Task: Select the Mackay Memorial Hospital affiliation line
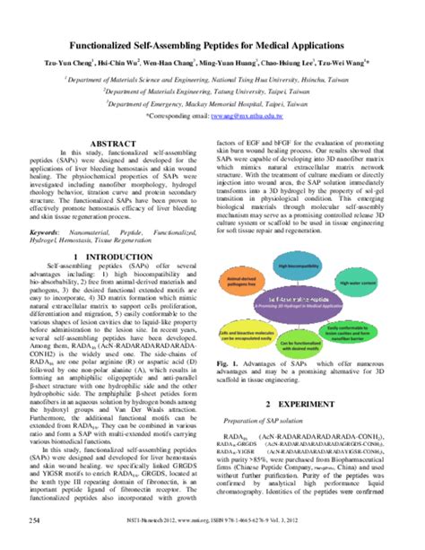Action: (213, 103)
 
